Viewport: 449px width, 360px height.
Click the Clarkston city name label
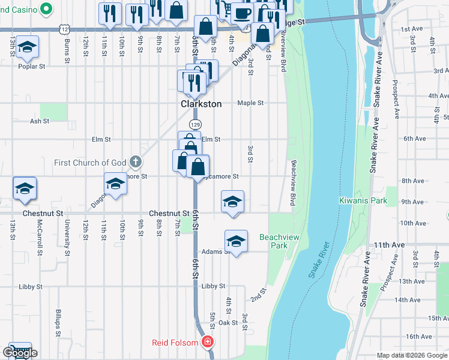pos(201,104)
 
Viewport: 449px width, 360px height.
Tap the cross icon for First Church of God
pos(136,162)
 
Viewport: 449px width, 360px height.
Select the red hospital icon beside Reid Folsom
pos(208,343)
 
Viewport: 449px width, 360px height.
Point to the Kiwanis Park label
pos(363,200)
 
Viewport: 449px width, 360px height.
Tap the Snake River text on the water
pos(320,259)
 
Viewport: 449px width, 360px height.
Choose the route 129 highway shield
pos(195,124)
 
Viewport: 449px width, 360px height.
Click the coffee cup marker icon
pos(243,13)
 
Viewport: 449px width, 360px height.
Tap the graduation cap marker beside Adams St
pos(237,241)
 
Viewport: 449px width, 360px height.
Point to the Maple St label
pos(250,103)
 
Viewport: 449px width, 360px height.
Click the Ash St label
pos(39,121)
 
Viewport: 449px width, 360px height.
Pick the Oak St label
pos(228,323)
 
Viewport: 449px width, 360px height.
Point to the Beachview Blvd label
pos(294,183)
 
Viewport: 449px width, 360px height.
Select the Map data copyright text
pos(412,355)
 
